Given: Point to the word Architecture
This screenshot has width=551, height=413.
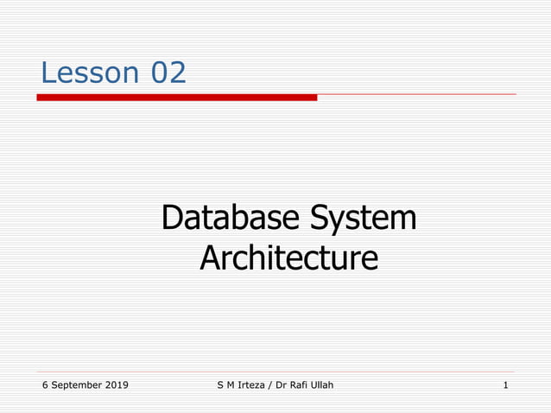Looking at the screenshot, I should [288, 257].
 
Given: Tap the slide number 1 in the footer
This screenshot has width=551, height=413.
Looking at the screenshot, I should [505, 384].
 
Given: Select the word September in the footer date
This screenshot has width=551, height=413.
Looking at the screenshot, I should [76, 384].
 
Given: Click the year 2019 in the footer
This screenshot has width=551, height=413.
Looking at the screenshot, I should [116, 384].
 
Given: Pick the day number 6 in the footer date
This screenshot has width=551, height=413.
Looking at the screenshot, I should [44, 384].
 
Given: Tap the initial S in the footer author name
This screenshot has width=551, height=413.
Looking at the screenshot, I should [221, 384].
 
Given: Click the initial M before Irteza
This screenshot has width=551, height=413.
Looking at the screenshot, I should [231, 384].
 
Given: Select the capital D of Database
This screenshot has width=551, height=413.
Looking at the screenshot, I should [170, 218].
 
